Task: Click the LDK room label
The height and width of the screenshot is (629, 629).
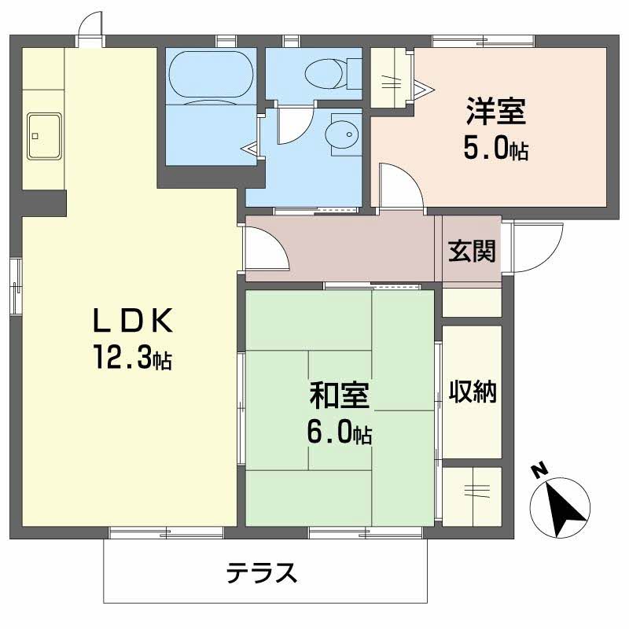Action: pos(132,322)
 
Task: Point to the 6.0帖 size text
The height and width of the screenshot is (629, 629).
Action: pos(339,433)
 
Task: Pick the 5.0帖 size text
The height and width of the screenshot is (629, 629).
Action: pos(495,149)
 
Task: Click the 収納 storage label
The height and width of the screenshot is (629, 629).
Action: pos(473,392)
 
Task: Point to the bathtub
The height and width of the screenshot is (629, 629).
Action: pos(211,75)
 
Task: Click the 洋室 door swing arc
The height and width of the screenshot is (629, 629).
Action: pos(399,187)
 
